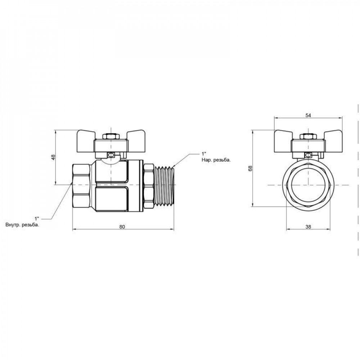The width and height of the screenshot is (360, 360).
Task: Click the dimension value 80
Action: point(122,226)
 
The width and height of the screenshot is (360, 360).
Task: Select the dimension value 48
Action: point(53,157)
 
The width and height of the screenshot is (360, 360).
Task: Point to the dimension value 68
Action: point(250,168)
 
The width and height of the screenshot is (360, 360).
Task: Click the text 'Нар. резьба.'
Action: point(215,160)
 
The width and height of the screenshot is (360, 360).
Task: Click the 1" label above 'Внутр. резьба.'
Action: point(36,218)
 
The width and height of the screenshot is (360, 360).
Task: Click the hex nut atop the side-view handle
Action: point(111,137)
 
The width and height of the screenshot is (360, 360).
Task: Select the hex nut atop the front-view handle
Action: point(307,137)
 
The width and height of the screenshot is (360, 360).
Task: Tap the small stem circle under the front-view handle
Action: point(308,156)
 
